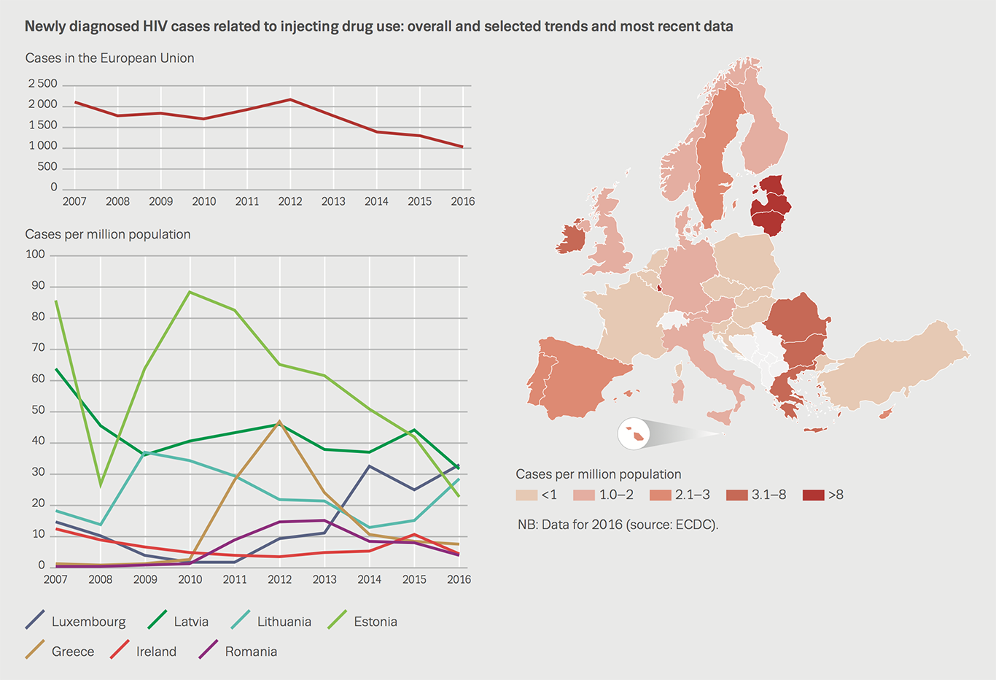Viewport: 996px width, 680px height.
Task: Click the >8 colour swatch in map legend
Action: point(813,495)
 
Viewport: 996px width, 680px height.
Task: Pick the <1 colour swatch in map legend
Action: point(526,495)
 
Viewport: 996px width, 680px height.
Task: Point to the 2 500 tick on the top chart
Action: point(42,84)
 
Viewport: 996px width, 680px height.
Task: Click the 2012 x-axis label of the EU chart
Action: point(290,201)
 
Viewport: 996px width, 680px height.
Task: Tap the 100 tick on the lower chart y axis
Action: point(35,255)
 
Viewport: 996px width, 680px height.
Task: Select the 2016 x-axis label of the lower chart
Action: point(459,579)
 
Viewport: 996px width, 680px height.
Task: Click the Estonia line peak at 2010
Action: point(190,292)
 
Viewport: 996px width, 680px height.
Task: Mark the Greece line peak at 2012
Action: point(279,422)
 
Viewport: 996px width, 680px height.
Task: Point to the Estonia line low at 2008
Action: point(101,485)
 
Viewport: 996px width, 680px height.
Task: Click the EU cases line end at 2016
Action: point(462,147)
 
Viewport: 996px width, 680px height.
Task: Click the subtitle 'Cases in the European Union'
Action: point(109,58)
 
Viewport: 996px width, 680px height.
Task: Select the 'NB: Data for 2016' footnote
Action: point(618,525)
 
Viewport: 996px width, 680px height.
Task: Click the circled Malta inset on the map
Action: point(634,434)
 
